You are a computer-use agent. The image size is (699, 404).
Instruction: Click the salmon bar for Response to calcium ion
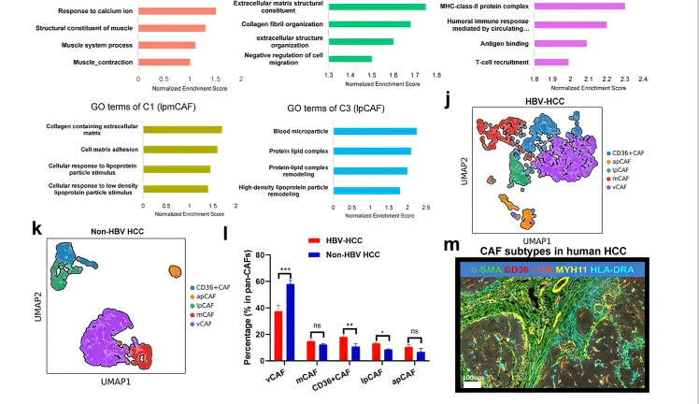click(x=178, y=11)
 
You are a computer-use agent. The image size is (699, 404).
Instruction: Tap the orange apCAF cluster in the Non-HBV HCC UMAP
click(x=174, y=271)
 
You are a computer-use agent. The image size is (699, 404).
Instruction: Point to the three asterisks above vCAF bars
click(x=284, y=272)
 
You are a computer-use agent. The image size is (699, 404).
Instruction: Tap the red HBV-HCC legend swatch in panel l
click(x=315, y=239)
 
